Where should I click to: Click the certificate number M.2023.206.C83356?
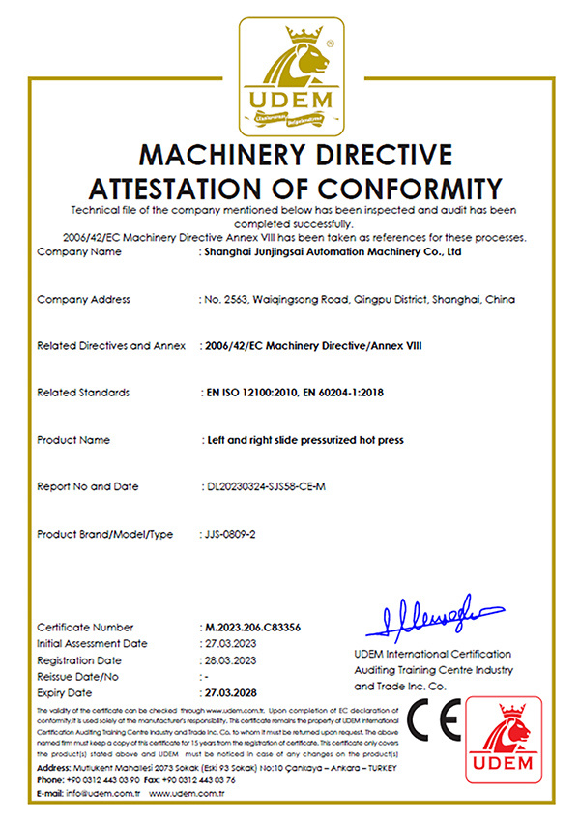(x=247, y=628)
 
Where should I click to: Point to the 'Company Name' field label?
(x=78, y=252)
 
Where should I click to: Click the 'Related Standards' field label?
(x=82, y=393)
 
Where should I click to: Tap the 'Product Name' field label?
(x=73, y=440)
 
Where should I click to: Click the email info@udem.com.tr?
(x=94, y=793)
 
